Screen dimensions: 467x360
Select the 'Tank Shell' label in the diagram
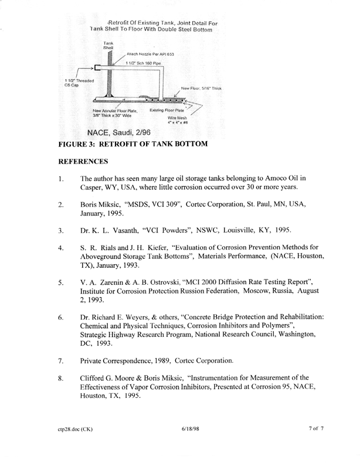pyautogui.click(x=108, y=46)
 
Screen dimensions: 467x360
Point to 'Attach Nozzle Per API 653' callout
pyautogui.click(x=151, y=54)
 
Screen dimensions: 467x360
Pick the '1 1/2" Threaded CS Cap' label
pyautogui.click(x=76, y=83)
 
